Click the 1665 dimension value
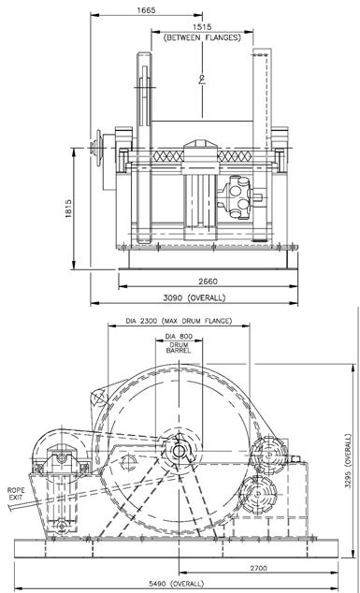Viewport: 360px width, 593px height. click(x=146, y=10)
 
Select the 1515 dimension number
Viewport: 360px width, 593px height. click(x=202, y=27)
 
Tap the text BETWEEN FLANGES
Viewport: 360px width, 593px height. click(x=202, y=37)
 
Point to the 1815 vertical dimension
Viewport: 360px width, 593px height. click(x=68, y=210)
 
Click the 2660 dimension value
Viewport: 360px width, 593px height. click(x=208, y=282)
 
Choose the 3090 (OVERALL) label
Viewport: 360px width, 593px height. click(x=194, y=297)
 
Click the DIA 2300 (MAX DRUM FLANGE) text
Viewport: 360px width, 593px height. click(x=179, y=321)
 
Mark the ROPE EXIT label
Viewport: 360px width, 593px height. click(x=16, y=494)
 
